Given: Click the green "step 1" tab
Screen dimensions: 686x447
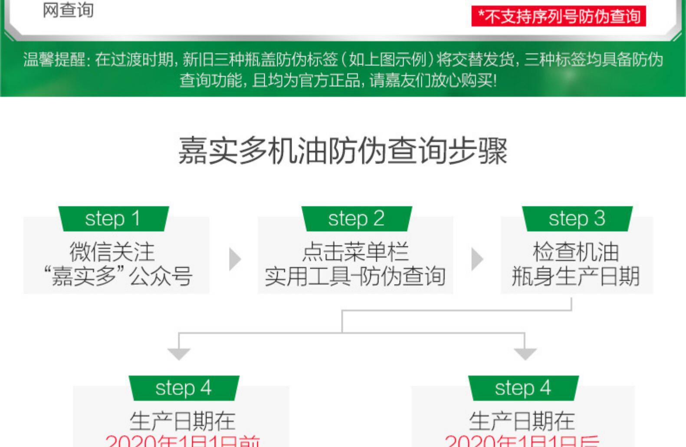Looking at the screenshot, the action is (x=113, y=218).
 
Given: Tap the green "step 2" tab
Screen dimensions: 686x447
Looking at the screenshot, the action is (x=356, y=218).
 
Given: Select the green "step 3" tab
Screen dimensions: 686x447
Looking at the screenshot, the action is (x=577, y=218).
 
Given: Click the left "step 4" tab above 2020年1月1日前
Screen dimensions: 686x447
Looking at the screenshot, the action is (x=184, y=388).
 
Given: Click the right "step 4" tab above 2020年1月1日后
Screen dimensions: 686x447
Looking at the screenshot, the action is (x=523, y=388).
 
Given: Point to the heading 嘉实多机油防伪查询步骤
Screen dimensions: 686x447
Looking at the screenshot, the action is (x=343, y=151).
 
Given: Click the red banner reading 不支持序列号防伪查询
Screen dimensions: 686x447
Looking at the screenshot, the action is (x=558, y=16).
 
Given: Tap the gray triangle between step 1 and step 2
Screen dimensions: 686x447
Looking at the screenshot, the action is (x=235, y=259).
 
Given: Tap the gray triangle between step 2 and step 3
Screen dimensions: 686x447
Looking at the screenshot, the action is (x=477, y=259).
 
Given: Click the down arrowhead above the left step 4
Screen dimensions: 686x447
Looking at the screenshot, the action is (x=179, y=354).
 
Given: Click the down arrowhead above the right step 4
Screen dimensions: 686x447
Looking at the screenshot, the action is (x=525, y=354).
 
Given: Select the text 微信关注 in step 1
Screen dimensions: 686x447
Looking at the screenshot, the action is (x=112, y=252).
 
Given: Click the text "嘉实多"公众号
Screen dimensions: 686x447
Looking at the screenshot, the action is (x=118, y=276).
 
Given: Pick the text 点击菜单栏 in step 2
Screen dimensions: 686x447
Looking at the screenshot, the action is (x=355, y=252).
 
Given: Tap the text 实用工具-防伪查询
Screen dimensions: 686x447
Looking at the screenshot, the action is (x=355, y=276).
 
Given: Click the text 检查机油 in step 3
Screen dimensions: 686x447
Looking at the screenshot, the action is (x=576, y=252).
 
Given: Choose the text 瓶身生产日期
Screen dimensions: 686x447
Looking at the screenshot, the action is (x=576, y=276).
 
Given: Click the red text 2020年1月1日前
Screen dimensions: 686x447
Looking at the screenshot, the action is (x=183, y=440).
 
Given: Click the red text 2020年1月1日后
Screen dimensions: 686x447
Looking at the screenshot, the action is (x=522, y=440).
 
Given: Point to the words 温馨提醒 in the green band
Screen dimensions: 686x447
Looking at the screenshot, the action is (x=55, y=59).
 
